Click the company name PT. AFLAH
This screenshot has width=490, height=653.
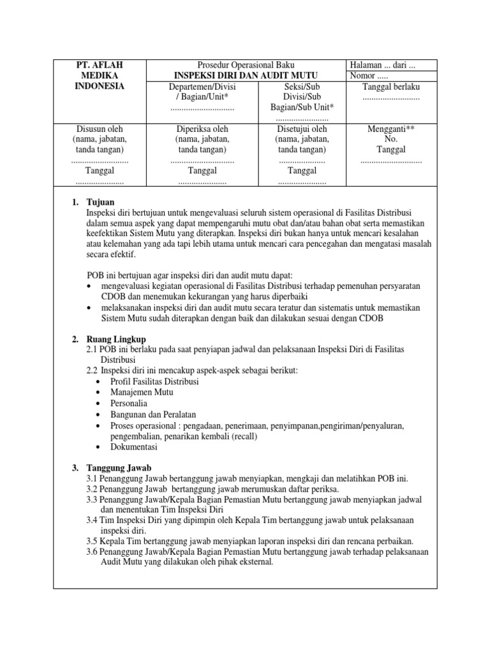click(x=100, y=66)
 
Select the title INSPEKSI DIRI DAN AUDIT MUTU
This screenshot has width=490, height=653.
click(x=248, y=76)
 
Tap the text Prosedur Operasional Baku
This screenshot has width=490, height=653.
click(x=246, y=66)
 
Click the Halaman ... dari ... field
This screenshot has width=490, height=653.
click(x=382, y=66)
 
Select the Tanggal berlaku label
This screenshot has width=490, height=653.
click(x=390, y=87)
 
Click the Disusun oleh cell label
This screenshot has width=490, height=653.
click(x=100, y=129)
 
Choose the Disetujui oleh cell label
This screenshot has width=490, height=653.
click(x=302, y=129)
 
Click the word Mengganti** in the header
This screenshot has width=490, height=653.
click(x=390, y=129)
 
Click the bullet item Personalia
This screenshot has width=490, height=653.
click(x=128, y=403)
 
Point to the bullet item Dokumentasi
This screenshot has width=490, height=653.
click(x=133, y=447)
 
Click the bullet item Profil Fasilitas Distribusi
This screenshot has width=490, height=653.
click(x=154, y=381)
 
